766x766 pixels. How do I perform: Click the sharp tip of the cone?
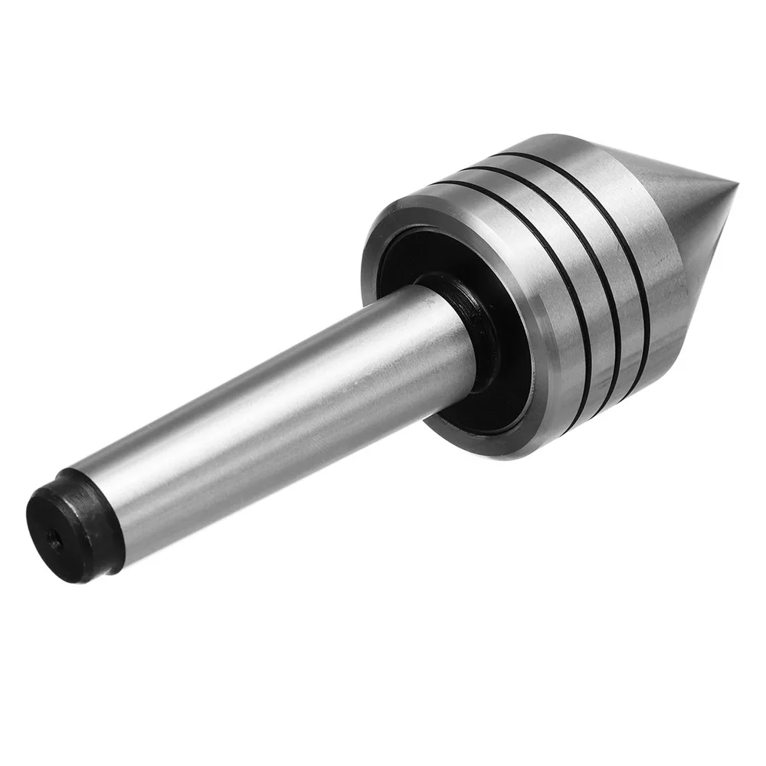click(735, 186)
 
